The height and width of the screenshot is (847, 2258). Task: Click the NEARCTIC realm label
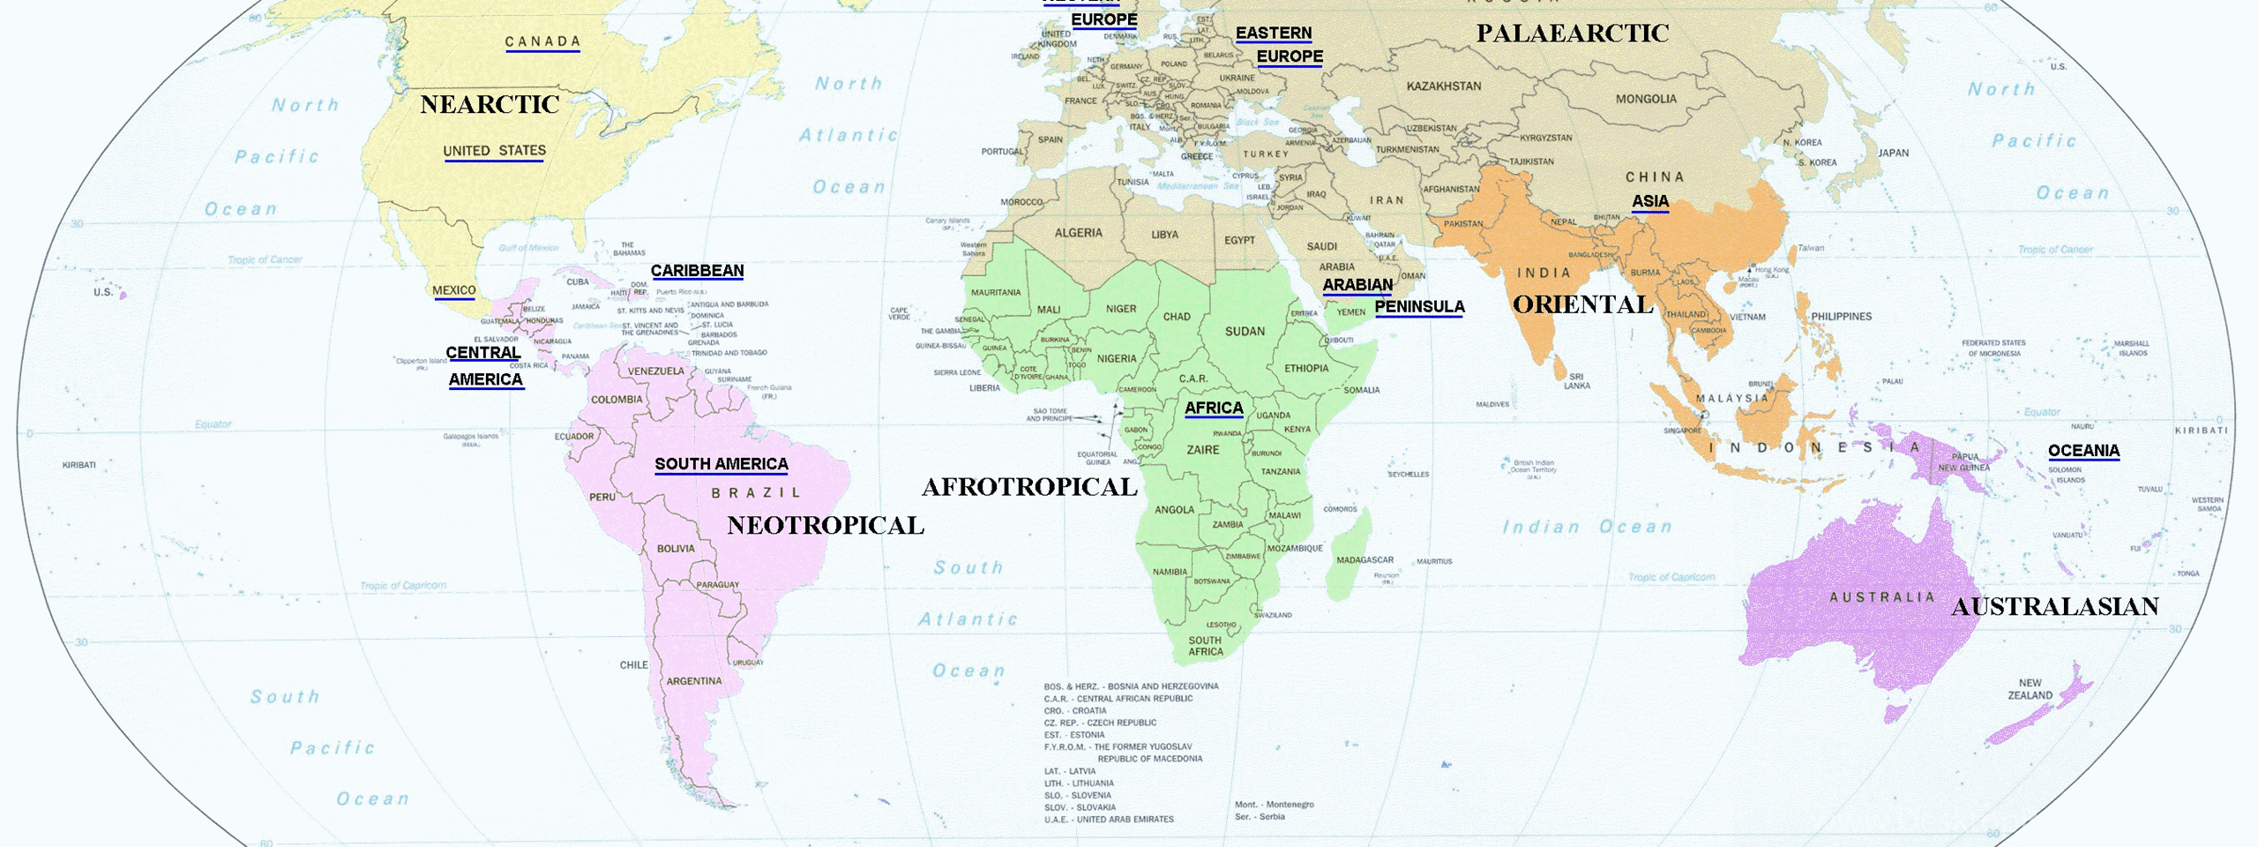[490, 104]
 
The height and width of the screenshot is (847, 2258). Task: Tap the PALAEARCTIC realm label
[1573, 34]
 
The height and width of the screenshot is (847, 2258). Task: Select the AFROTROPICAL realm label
[1029, 487]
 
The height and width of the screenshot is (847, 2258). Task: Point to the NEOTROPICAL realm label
[826, 526]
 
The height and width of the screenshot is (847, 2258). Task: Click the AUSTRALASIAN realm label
[2055, 607]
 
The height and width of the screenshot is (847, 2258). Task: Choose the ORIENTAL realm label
[1583, 304]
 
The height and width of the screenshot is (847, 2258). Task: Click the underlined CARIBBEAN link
[697, 271]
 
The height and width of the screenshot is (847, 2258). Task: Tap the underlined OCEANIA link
[2083, 451]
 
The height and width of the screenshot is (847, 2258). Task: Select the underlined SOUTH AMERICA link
[722, 464]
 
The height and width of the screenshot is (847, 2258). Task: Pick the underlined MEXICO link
[453, 290]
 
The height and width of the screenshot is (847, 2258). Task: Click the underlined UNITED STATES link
[494, 151]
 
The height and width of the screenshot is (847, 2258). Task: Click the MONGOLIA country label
[1646, 99]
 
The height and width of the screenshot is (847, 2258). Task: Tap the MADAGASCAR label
[1365, 560]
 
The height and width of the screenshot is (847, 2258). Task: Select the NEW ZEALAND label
[2030, 689]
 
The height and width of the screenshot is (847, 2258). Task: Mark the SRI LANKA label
[1576, 381]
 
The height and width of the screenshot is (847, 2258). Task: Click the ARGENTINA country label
[693, 681]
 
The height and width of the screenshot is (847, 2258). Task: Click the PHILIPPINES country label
[1841, 317]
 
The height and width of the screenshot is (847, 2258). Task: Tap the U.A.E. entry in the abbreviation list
[1109, 820]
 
